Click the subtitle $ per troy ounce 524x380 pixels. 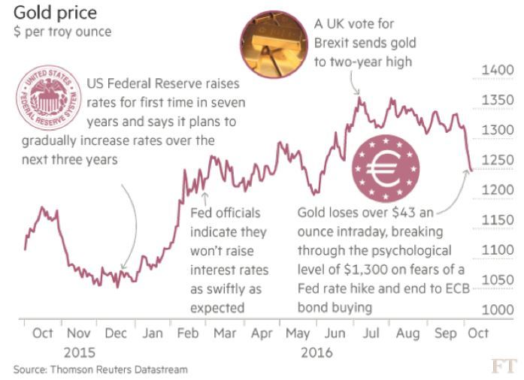[62, 32]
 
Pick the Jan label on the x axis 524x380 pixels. [153, 333]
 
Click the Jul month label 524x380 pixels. [371, 333]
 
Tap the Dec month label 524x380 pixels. [115, 333]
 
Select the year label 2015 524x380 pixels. [79, 351]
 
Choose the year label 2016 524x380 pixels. [316, 351]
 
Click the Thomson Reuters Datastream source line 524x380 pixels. [100, 369]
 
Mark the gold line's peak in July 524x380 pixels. [359, 97]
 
